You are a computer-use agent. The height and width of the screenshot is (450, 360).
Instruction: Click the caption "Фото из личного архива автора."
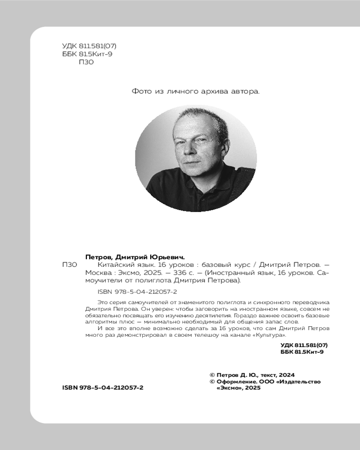(x=196, y=91)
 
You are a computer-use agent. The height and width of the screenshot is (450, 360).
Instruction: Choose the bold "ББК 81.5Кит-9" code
(x=302, y=352)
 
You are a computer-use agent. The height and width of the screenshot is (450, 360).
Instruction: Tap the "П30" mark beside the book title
(x=69, y=265)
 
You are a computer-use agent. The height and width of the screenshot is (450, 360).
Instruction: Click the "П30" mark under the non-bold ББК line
(x=86, y=63)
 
